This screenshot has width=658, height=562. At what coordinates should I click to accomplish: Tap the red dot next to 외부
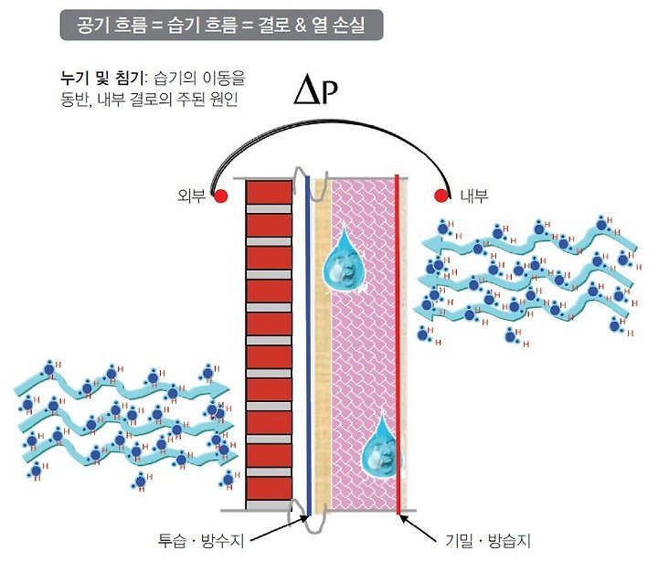(x=219, y=194)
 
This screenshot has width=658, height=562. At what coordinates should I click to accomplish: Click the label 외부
(x=194, y=195)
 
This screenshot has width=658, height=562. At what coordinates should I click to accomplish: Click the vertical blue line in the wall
(x=308, y=347)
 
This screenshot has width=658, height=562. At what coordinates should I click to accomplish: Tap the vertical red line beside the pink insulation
(x=398, y=347)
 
